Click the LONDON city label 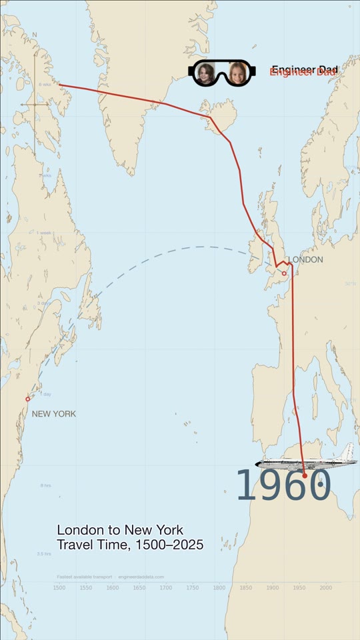click(305, 259)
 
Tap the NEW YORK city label click(54, 414)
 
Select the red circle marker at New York click(28, 399)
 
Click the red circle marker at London click(284, 273)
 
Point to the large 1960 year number click(283, 486)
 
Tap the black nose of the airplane click(258, 464)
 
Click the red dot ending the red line click(305, 475)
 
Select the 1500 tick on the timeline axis click(59, 587)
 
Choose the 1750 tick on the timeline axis click(193, 587)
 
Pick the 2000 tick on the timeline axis click(326, 587)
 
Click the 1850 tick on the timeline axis click(246, 587)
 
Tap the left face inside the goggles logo click(205, 73)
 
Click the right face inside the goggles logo click(237, 73)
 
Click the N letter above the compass click(35, 35)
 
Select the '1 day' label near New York click(45, 394)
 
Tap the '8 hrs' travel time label click(45, 485)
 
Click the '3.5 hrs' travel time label click(44, 553)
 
